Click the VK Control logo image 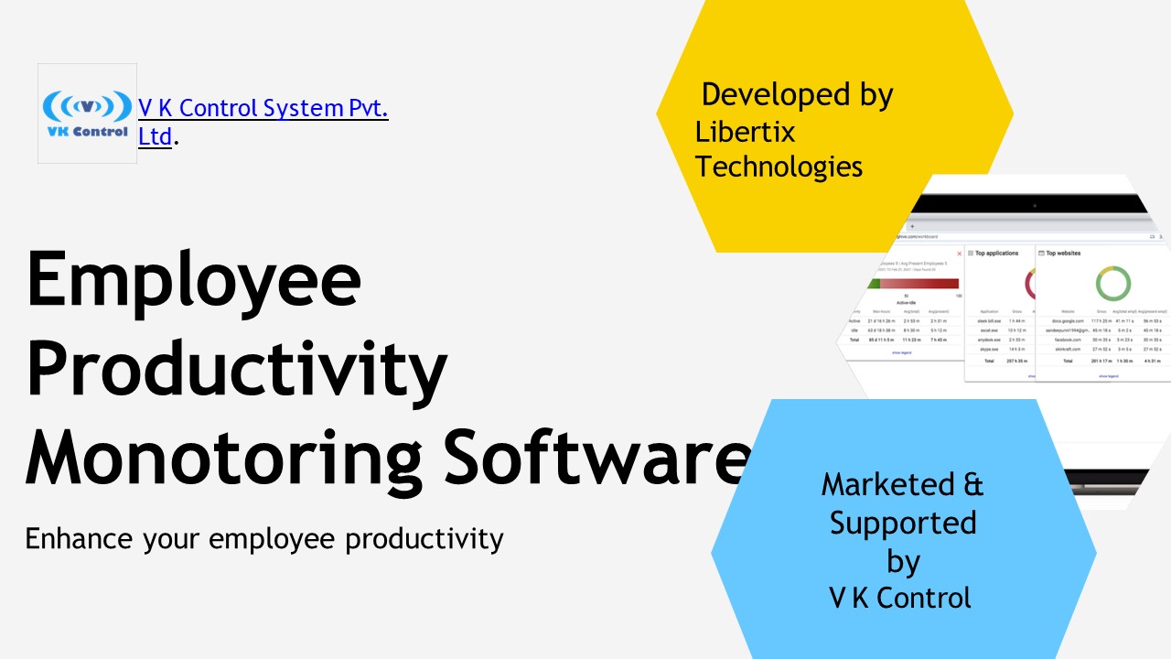tap(87, 113)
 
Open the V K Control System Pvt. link tap(263, 108)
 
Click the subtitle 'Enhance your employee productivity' tap(264, 538)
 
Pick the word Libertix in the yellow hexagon tap(745, 132)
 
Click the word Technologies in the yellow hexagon tap(779, 167)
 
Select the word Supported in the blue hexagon tap(903, 523)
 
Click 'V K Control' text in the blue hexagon tap(899, 598)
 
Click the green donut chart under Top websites tap(1112, 284)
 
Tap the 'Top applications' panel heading tap(996, 253)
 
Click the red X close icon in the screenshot tap(959, 254)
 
